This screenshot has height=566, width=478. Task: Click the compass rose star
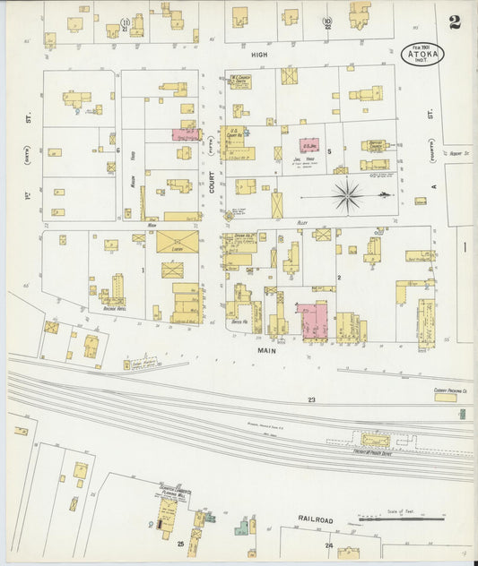coord(348,193)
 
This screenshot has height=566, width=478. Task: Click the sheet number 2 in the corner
coord(456,19)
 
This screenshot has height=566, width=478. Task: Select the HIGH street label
coord(259,55)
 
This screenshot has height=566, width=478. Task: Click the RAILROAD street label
coord(315,519)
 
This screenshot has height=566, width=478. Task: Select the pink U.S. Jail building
coord(309,145)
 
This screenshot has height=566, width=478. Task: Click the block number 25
coord(180,544)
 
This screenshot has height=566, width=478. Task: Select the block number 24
coord(329,545)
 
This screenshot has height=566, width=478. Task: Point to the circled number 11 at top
coord(126,21)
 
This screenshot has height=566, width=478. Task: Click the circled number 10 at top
coord(328,21)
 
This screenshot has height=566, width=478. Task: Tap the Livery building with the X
coord(177,241)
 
